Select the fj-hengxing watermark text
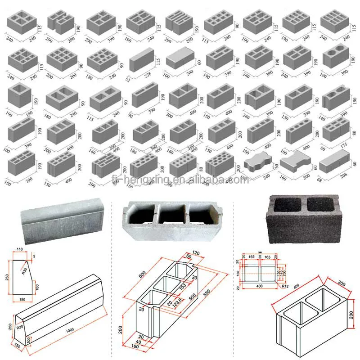[x=180, y=180]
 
